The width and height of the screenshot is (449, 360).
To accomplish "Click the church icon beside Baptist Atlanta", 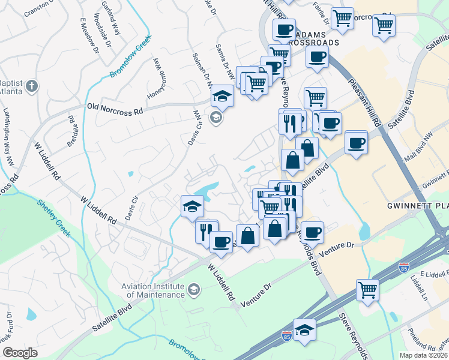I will pyautogui.click(x=32, y=86).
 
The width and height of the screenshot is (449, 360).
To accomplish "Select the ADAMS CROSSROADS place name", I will pyautogui.click(x=312, y=38).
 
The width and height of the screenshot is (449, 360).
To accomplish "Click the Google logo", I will pyautogui.click(x=20, y=353).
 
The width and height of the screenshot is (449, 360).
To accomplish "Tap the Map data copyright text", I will pyautogui.click(x=423, y=355).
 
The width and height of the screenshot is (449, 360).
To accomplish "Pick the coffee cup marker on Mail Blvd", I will pyautogui.click(x=357, y=143).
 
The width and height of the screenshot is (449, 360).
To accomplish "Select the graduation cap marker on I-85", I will pyautogui.click(x=305, y=329).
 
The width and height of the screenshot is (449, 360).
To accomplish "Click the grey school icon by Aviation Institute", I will pyautogui.click(x=193, y=290).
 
